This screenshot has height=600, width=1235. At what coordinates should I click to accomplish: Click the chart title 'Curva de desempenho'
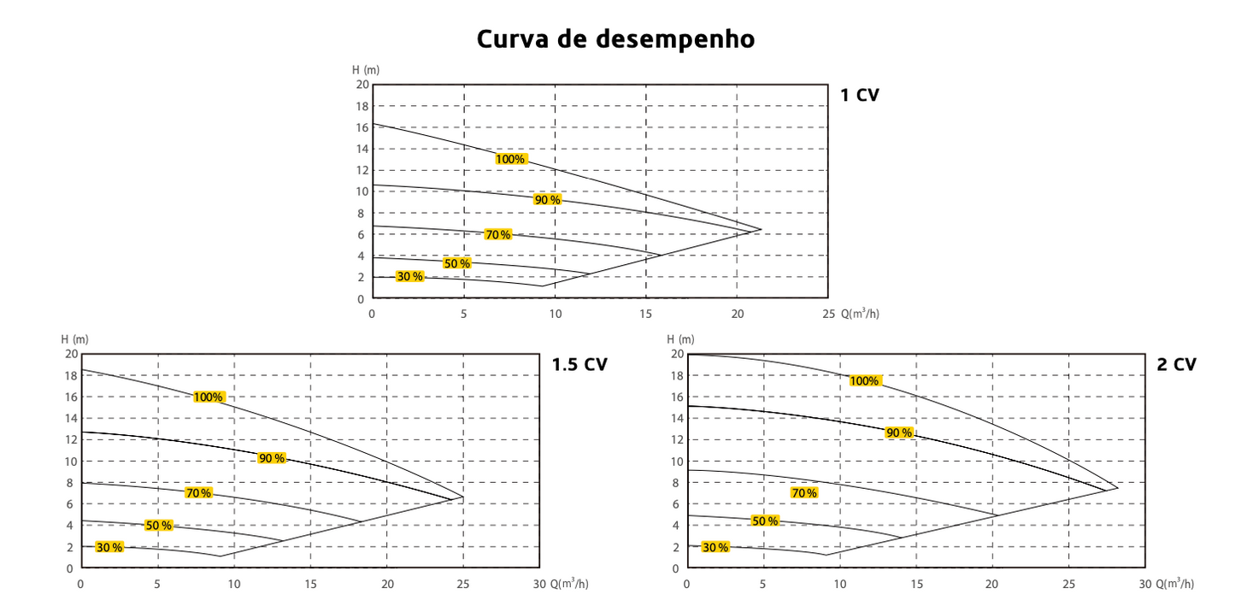(x=615, y=39)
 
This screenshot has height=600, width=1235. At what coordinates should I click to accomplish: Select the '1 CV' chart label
(x=860, y=95)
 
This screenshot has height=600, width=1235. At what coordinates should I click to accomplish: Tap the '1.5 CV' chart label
(x=579, y=364)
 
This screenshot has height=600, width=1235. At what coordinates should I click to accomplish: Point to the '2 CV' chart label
(x=1177, y=364)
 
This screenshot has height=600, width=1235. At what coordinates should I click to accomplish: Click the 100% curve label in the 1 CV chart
(x=510, y=159)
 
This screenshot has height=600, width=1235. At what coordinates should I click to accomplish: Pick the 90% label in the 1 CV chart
(x=547, y=199)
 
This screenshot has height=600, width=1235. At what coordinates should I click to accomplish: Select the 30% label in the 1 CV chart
(x=410, y=276)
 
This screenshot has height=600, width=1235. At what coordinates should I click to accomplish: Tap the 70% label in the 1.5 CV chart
(x=198, y=493)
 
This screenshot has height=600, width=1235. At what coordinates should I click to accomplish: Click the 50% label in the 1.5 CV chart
(x=158, y=525)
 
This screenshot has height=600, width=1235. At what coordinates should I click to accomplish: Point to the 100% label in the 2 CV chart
(x=864, y=380)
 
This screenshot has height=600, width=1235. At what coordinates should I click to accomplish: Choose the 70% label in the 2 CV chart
(x=803, y=493)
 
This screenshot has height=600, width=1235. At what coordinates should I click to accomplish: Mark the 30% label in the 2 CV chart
(x=715, y=547)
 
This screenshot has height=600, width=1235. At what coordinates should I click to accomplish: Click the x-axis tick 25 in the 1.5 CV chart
(x=462, y=585)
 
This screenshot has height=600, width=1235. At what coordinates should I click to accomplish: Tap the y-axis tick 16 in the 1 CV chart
(x=362, y=126)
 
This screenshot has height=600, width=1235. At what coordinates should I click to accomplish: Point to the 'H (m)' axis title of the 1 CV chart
(x=366, y=69)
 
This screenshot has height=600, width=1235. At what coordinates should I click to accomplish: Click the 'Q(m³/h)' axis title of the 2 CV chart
(x=1175, y=585)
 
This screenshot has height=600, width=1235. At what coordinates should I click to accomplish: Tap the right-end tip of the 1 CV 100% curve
(x=761, y=229)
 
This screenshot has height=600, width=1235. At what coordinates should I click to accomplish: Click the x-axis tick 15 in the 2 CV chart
(x=916, y=585)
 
